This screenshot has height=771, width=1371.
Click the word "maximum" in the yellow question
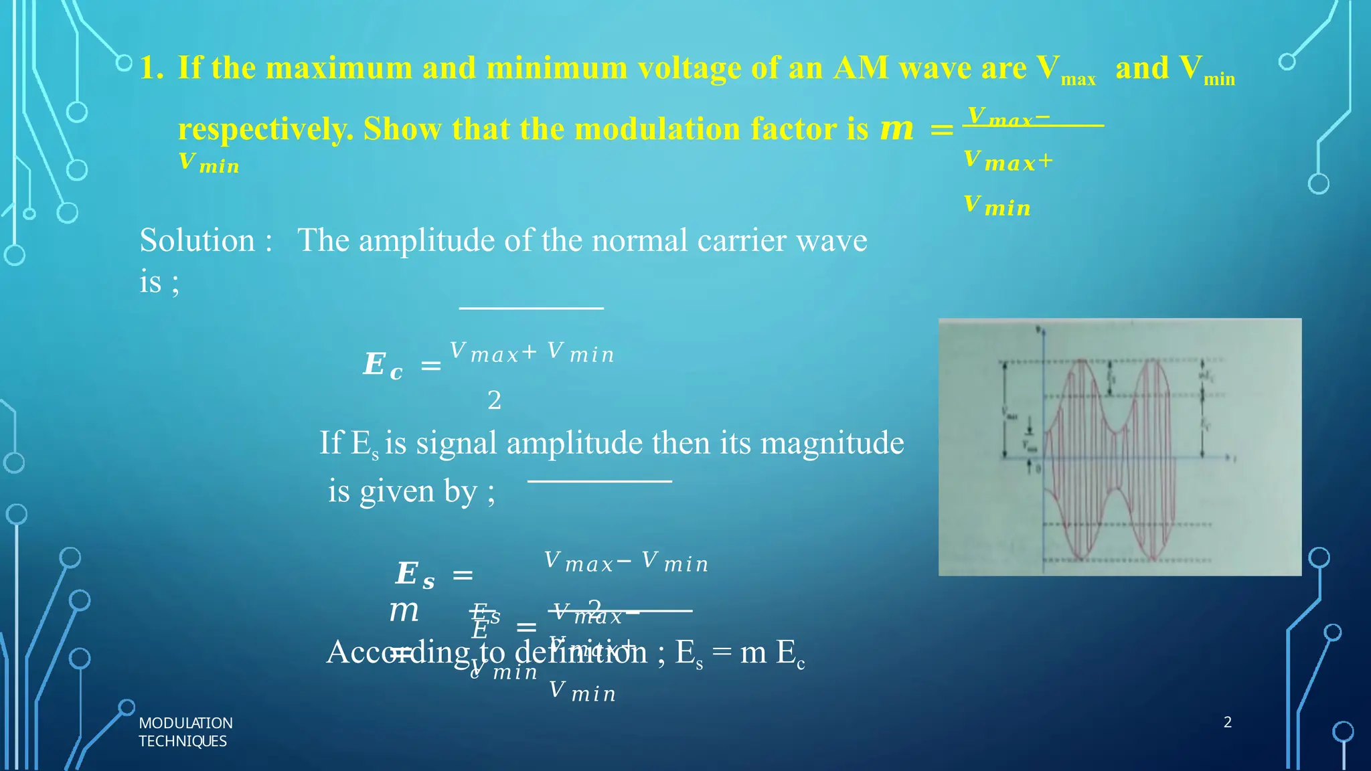(x=338, y=68)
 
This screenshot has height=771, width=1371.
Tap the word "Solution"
(x=197, y=240)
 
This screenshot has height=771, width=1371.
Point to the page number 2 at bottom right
(x=1227, y=722)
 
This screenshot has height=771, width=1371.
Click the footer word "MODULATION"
(x=185, y=723)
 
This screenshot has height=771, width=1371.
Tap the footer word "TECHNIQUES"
(x=182, y=742)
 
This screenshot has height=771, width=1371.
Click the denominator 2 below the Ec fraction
(x=494, y=400)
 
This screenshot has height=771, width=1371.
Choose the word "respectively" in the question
(x=265, y=129)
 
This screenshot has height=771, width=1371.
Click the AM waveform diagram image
(x=1119, y=446)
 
